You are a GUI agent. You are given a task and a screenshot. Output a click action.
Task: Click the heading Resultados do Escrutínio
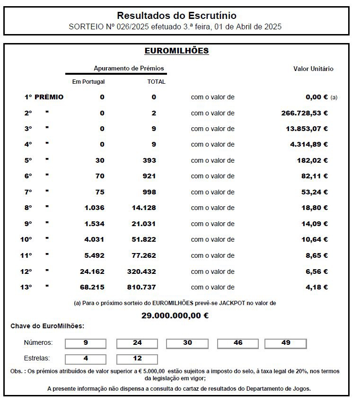[176, 16]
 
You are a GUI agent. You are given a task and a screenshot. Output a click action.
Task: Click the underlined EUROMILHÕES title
[176, 51]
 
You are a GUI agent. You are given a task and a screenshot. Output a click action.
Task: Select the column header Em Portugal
[88, 81]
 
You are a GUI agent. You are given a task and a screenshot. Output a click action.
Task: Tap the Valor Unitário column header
[313, 69]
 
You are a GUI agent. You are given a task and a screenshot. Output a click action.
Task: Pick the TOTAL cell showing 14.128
[144, 208]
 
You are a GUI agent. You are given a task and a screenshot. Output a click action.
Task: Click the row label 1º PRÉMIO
[44, 97]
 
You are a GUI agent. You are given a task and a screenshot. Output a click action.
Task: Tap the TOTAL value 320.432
[141, 272]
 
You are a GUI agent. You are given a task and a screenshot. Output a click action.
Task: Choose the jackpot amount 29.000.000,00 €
[175, 315]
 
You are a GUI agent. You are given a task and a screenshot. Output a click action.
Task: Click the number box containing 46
[238, 343]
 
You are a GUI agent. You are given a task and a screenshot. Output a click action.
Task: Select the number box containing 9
[86, 343]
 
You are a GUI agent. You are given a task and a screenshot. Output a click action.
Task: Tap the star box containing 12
[137, 359]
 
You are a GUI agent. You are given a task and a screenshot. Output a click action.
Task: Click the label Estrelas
[36, 358]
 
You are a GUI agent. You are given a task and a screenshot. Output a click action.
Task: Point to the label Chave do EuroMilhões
[47, 326]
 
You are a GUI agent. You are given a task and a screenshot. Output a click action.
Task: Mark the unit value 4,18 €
[316, 287]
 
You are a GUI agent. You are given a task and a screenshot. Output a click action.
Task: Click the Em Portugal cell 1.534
[94, 224]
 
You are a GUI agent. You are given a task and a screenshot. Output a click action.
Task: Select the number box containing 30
[187, 343]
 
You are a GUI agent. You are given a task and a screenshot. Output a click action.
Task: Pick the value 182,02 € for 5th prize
[312, 160]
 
